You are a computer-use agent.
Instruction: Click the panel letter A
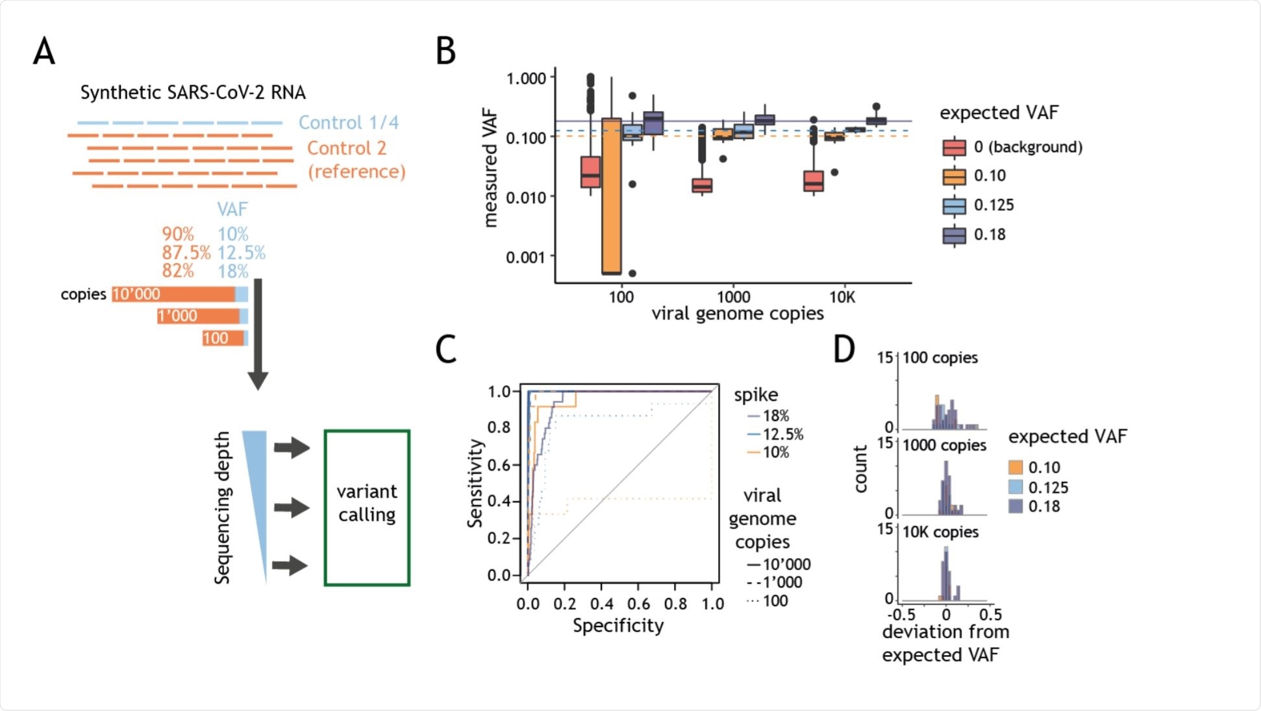[x=44, y=51]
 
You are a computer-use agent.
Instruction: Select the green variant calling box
[x=367, y=508]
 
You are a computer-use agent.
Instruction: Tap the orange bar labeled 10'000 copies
[x=173, y=294]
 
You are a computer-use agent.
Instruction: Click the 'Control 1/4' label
[x=349, y=123]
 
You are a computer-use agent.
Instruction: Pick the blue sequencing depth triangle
[x=256, y=493]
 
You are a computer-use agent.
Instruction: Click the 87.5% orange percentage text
[x=186, y=253]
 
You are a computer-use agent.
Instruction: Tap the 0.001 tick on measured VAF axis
[x=526, y=257]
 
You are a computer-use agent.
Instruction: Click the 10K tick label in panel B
[x=842, y=297]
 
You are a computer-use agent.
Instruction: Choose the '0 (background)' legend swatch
[x=954, y=147]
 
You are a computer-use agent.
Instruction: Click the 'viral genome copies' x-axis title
[x=738, y=314]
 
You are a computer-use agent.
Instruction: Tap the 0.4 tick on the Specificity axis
[x=601, y=604]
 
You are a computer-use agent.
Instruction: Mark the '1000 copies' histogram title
[x=944, y=445]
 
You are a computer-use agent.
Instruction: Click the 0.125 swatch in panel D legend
[x=1016, y=487]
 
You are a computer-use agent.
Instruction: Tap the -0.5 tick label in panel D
[x=901, y=614]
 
